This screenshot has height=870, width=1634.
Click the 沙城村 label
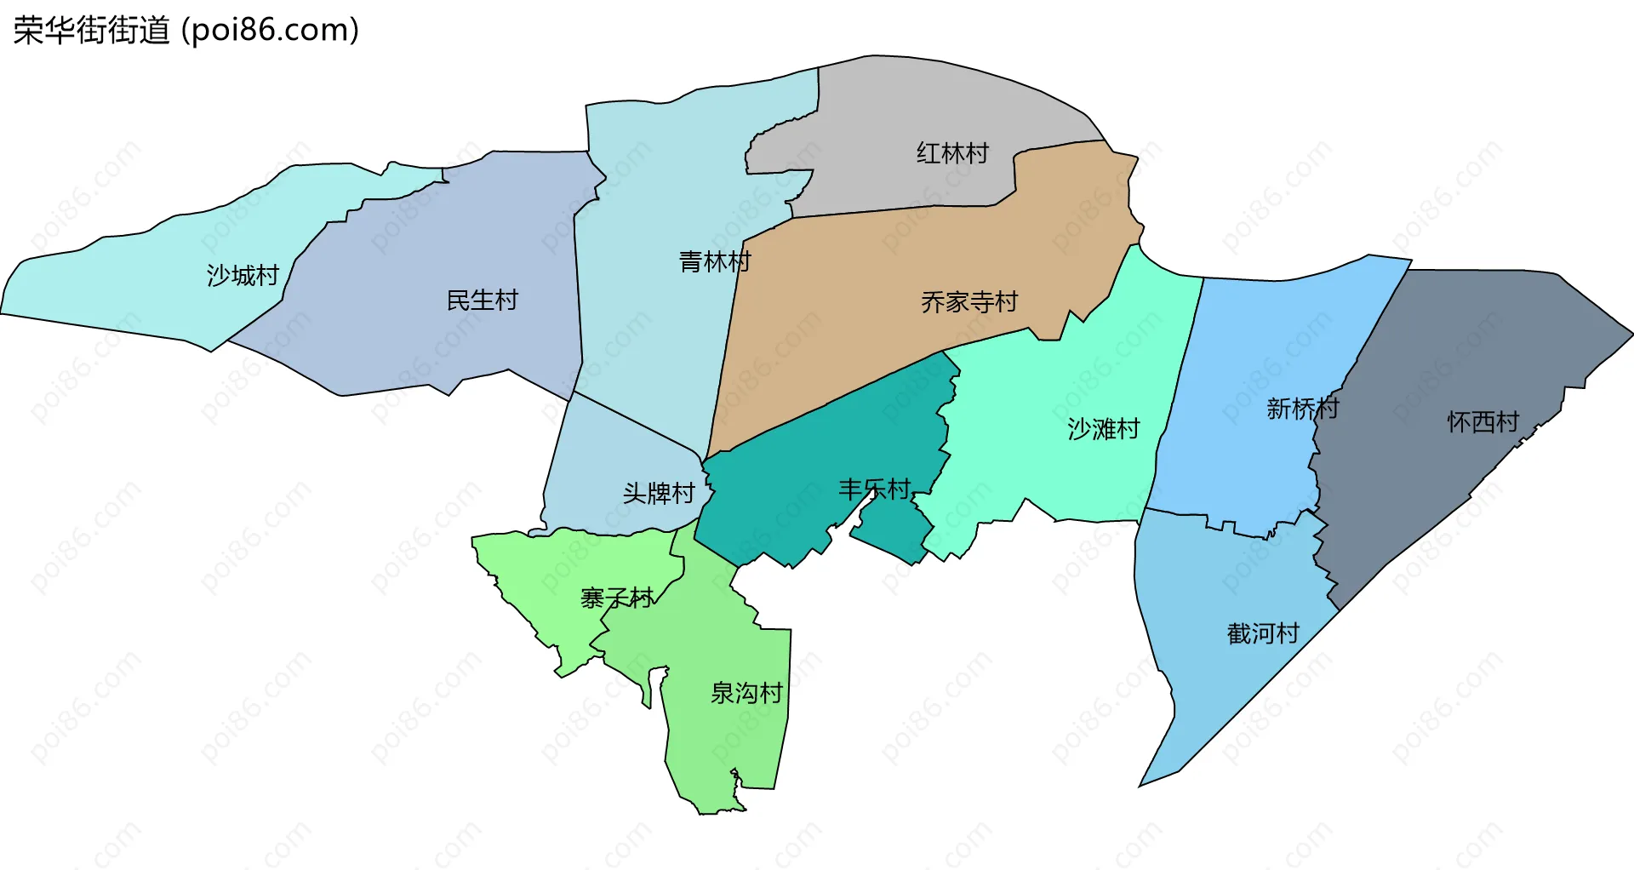(243, 276)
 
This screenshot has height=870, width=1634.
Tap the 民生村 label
(483, 300)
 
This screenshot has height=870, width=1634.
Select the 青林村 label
(715, 262)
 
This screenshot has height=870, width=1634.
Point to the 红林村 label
(952, 154)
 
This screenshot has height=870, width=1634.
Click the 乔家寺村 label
(969, 302)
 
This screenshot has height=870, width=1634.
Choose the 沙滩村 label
(1104, 429)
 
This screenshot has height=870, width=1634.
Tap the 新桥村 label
(1302, 409)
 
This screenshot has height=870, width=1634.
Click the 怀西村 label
(1483, 422)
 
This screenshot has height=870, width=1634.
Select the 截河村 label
(1263, 634)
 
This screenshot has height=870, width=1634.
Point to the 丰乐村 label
(874, 489)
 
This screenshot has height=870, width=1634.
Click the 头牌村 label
(659, 494)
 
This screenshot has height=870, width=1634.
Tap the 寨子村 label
(617, 598)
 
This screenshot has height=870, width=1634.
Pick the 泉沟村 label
(746, 694)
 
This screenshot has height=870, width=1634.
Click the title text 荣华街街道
(92, 31)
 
